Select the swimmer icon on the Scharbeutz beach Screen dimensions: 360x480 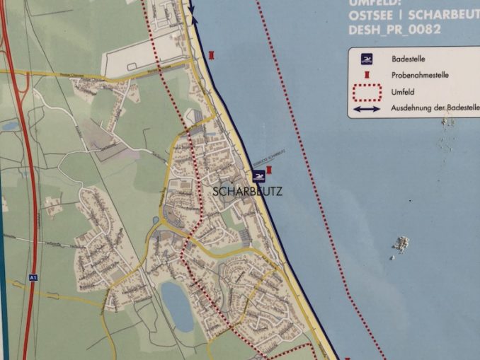pyautogui.click(x=258, y=175)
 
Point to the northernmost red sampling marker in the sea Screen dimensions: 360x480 pyautogui.click(x=213, y=54)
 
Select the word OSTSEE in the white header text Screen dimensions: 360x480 pyautogui.click(x=369, y=16)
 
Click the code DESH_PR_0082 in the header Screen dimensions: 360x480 pyautogui.click(x=394, y=30)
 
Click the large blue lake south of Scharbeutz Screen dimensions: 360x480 pyautogui.click(x=176, y=306)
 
